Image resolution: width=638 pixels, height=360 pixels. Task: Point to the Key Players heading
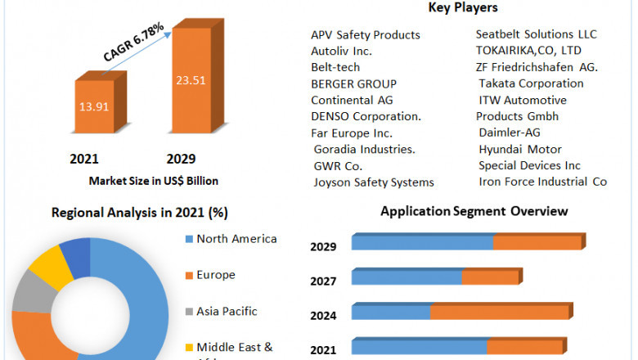click(x=463, y=8)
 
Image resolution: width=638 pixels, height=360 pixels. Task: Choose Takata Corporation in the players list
click(x=531, y=83)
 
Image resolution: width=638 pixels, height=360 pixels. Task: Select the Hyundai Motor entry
click(x=520, y=149)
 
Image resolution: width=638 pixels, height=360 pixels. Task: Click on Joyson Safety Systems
click(x=374, y=182)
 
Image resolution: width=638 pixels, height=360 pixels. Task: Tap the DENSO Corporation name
click(x=366, y=116)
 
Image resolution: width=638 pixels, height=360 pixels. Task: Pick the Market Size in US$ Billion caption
click(x=153, y=180)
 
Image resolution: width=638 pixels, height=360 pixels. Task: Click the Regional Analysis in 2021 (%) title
click(x=140, y=213)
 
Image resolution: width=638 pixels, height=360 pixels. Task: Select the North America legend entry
click(x=236, y=239)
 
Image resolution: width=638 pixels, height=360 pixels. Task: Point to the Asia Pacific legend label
click(x=227, y=311)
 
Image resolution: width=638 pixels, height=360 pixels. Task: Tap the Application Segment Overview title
click(x=474, y=211)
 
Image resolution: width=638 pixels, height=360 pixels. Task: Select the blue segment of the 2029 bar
click(x=422, y=242)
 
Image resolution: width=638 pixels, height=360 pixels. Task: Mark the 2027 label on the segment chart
click(x=324, y=281)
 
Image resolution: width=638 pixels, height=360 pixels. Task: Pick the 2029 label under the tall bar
click(x=181, y=159)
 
